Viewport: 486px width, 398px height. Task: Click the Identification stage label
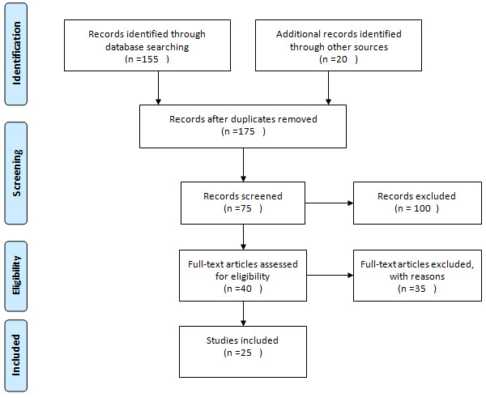[16, 53]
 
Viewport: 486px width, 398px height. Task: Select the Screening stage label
[16, 173]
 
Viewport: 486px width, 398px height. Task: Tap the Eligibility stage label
[16, 275]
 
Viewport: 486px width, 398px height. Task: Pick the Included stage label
[16, 355]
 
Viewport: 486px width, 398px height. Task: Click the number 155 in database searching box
[150, 59]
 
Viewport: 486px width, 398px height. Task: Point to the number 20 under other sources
[342, 59]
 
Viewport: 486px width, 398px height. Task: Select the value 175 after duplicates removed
[246, 131]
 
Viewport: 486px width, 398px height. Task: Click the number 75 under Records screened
[245, 208]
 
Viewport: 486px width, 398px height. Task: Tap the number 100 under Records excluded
[422, 208]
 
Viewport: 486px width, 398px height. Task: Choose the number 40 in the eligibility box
[245, 289]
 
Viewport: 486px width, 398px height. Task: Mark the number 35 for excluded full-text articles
[420, 289]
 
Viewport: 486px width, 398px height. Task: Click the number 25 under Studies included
[245, 353]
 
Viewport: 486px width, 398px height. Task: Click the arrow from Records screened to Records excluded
[329, 203]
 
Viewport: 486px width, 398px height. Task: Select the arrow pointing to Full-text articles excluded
[330, 275]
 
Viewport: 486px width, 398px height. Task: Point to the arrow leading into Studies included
[243, 314]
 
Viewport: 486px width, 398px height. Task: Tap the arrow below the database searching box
[159, 88]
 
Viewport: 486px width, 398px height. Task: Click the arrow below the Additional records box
[329, 88]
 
